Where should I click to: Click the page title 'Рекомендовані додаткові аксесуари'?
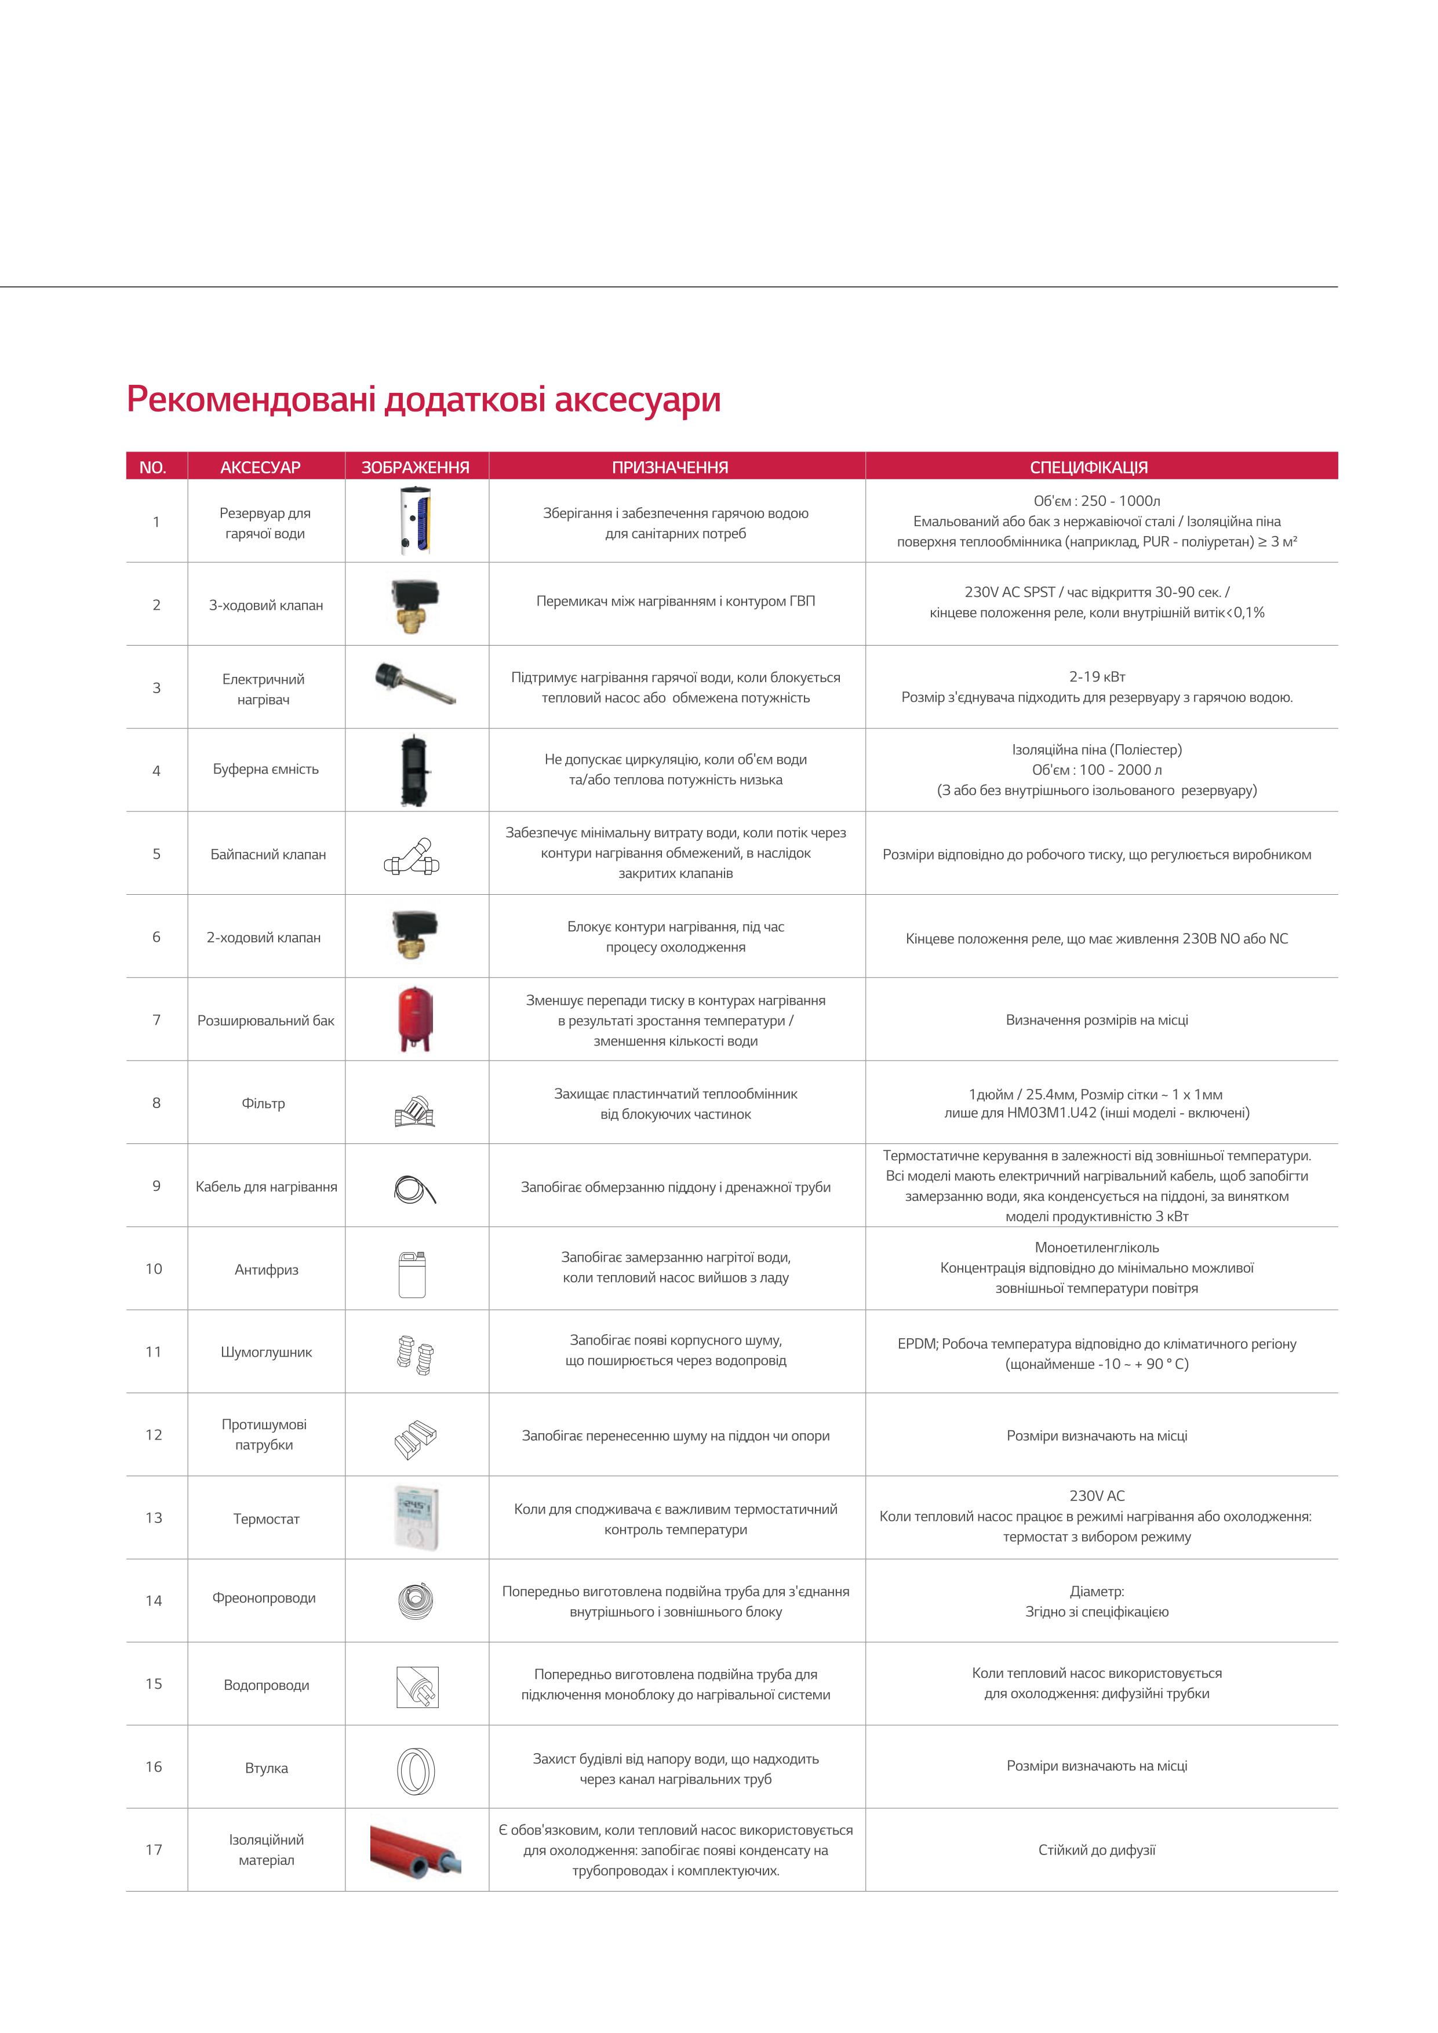pos(423,399)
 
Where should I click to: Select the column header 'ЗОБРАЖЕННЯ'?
pos(415,467)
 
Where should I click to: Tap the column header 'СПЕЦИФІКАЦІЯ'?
pos(1088,467)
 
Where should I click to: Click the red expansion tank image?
pos(415,1019)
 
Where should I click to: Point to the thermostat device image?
pos(415,1517)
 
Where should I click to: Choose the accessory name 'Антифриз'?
pos(267,1270)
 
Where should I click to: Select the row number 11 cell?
pos(154,1352)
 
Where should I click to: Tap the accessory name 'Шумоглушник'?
pos(267,1352)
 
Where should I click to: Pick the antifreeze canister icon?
pos(413,1274)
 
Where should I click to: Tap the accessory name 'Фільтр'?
pos(263,1103)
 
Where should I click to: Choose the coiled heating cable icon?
pos(414,1188)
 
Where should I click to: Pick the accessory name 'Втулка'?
pos(267,1768)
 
